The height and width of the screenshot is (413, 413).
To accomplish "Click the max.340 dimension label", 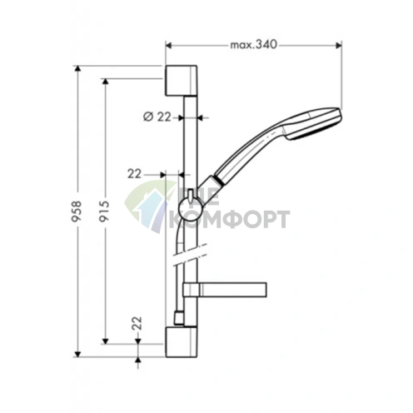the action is [253, 44].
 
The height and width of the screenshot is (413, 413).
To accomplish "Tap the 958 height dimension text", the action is [77, 211].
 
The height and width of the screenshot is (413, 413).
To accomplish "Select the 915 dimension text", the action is [104, 211].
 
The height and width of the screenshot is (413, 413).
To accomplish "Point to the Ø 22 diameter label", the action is [157, 117].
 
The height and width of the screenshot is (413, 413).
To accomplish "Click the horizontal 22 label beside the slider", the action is [134, 174].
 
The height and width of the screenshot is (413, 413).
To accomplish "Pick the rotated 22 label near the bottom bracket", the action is [137, 323].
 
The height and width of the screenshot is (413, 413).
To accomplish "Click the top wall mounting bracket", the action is [181, 81].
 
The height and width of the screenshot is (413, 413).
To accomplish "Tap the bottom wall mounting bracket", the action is [181, 341].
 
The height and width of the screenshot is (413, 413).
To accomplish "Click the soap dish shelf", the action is [225, 290].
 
